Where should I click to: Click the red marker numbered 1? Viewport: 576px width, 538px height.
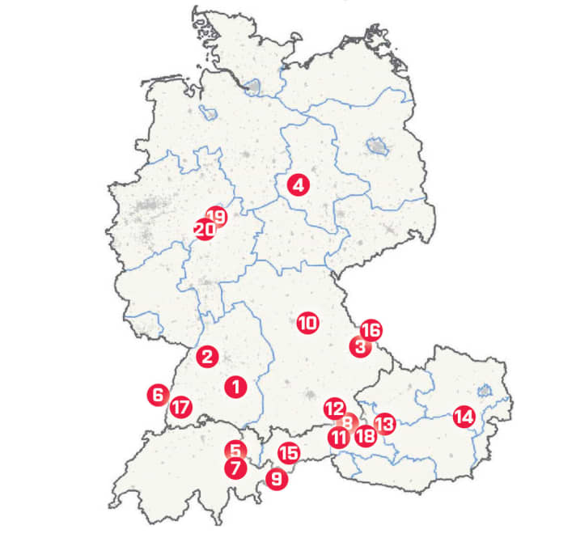(x=235, y=386)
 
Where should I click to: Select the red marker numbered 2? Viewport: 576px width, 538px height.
(x=208, y=356)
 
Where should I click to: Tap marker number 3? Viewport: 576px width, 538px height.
(x=359, y=347)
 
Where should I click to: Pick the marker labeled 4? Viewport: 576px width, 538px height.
(x=299, y=184)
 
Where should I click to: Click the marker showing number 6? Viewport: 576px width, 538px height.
(x=158, y=396)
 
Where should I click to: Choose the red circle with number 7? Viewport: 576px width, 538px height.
(x=235, y=468)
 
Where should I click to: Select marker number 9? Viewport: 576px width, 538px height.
(x=277, y=479)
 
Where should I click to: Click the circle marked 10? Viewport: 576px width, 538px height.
(x=307, y=324)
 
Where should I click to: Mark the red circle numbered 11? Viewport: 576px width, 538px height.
(x=339, y=438)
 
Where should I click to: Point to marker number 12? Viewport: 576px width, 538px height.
(x=334, y=409)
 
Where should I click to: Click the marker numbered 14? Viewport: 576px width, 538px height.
(x=464, y=417)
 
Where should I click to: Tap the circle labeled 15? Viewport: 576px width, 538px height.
(x=288, y=453)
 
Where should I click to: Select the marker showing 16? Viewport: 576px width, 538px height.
(x=371, y=330)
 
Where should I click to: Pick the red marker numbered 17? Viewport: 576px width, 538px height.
(x=180, y=407)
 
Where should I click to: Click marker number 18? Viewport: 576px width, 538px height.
(x=366, y=437)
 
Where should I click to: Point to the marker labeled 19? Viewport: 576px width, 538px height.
(x=216, y=216)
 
